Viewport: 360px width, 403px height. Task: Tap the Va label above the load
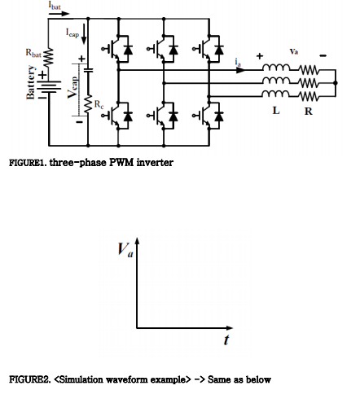coord(294,51)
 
